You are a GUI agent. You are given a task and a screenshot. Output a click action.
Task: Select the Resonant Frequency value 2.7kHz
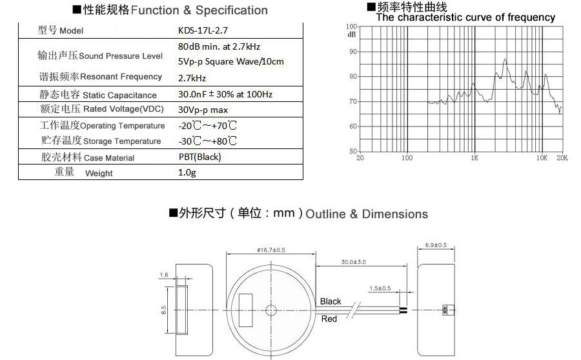pyautogui.click(x=192, y=78)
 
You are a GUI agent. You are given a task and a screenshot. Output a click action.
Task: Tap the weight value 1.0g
pyautogui.click(x=187, y=173)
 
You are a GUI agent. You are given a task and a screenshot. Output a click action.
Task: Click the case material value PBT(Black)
pyautogui.click(x=199, y=157)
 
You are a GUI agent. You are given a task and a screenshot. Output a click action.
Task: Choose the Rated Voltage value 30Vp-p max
pyautogui.click(x=203, y=110)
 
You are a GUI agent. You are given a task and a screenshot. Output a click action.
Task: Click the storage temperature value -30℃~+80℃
pyautogui.click(x=207, y=141)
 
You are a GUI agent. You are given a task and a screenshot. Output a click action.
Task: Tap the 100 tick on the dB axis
pyautogui.click(x=351, y=26)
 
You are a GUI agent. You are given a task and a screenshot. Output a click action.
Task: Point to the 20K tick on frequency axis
pyautogui.click(x=562, y=157)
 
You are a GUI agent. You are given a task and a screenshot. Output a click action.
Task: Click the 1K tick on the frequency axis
pyautogui.click(x=474, y=157)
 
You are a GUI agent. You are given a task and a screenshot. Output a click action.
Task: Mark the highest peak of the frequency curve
pyautogui.click(x=505, y=59)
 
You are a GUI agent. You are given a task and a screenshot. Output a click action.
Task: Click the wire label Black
pyautogui.click(x=331, y=301)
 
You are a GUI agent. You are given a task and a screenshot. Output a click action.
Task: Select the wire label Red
pyautogui.click(x=329, y=319)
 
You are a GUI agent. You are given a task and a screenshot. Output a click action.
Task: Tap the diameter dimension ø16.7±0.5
pyautogui.click(x=270, y=250)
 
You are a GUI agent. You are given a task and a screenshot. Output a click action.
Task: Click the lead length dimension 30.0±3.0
pyautogui.click(x=353, y=262)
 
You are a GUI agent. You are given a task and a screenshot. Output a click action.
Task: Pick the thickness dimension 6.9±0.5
pyautogui.click(x=436, y=245)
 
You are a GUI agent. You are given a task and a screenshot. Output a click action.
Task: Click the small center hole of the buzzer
pyautogui.click(x=270, y=310)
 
